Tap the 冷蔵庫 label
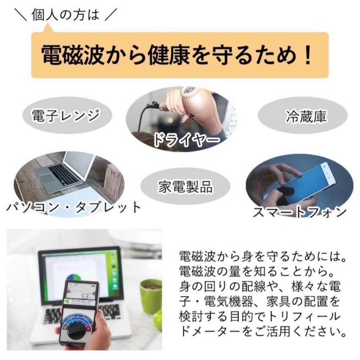click(x=306, y=116)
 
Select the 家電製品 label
click(x=185, y=186)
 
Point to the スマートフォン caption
click(x=300, y=212)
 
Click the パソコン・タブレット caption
click(x=73, y=207)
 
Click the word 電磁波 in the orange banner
click(x=71, y=55)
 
